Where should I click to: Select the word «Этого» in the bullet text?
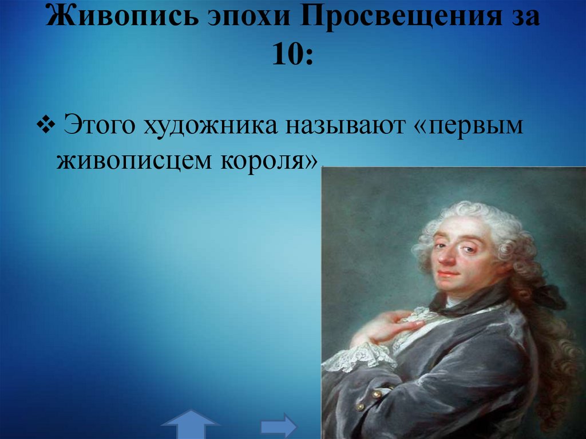97,125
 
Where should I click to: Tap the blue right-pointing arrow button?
279,426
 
